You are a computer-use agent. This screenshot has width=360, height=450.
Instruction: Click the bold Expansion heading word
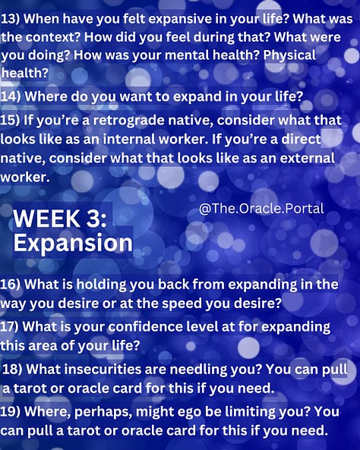click(x=73, y=243)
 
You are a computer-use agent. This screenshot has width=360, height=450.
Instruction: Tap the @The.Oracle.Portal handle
click(x=261, y=208)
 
